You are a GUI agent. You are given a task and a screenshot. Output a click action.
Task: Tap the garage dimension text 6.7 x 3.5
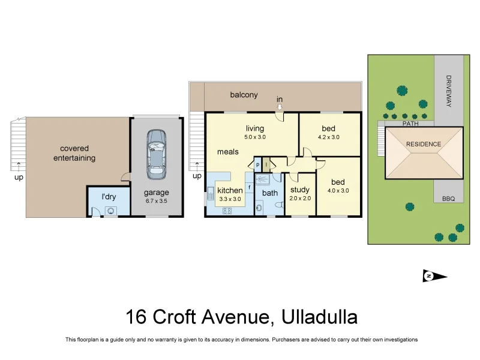(156, 201)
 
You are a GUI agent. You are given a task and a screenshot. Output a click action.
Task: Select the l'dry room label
(109, 196)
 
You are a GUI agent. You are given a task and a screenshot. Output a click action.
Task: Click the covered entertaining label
(74, 153)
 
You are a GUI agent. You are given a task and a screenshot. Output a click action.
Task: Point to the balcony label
(244, 95)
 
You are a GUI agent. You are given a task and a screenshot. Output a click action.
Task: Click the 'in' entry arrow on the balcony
(280, 107)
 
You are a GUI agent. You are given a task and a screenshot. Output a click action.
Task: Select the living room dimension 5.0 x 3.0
(259, 137)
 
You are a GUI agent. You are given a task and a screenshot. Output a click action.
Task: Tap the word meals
(228, 152)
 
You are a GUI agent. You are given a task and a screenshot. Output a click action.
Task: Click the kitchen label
(230, 191)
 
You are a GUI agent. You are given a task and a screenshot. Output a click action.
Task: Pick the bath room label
(270, 193)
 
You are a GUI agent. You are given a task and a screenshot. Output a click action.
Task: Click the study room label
(299, 190)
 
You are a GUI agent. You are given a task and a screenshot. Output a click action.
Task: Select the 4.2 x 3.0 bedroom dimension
(328, 137)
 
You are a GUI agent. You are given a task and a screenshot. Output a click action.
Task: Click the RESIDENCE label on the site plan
(424, 144)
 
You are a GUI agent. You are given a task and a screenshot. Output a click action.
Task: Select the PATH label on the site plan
(410, 124)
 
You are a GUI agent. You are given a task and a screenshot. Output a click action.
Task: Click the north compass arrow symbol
(435, 276)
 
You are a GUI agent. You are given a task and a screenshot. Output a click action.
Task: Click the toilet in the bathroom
(278, 205)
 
